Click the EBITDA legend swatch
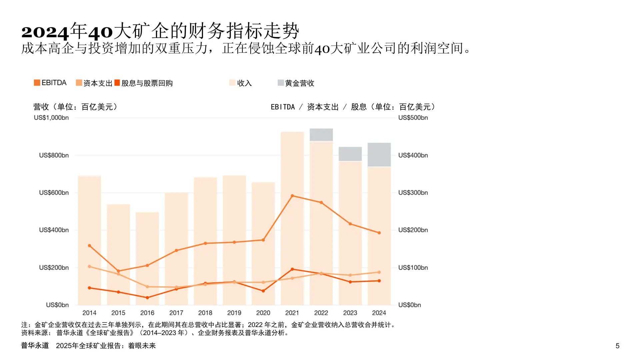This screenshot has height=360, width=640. (37, 83)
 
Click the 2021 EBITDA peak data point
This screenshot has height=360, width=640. (292, 196)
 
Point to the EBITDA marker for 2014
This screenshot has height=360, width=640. (89, 246)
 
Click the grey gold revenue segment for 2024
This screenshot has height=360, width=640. (379, 155)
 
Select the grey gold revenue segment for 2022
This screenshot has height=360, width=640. (321, 135)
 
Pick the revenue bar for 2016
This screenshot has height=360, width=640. (147, 258)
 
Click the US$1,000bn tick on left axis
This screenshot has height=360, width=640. (51, 118)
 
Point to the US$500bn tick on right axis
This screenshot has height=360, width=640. (413, 118)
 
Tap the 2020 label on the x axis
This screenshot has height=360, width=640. (263, 313)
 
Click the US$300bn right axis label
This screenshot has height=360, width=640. (413, 193)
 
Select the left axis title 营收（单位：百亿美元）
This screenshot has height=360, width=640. (75, 107)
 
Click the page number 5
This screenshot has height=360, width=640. (617, 346)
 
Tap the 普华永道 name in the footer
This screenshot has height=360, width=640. (35, 345)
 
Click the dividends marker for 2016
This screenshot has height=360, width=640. (147, 298)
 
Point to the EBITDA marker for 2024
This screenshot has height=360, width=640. (379, 233)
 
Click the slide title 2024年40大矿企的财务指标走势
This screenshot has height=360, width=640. (160, 31)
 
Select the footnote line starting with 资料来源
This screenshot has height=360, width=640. (155, 333)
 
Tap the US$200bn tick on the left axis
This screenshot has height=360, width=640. (54, 268)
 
